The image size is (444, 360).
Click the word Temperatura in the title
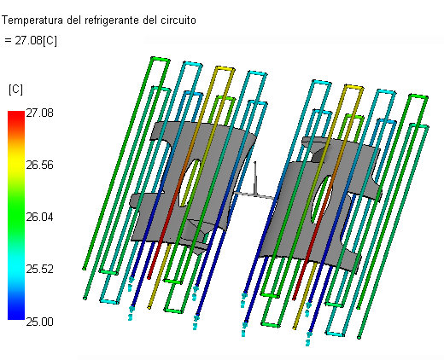point(32,20)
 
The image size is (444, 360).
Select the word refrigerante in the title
point(113,20)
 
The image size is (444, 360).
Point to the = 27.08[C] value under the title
point(31,41)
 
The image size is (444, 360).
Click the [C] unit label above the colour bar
point(15,90)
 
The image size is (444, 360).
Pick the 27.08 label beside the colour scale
point(39,113)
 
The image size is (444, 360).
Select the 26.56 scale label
point(39,165)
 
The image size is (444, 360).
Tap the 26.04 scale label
point(39,218)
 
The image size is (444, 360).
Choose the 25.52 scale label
point(39,269)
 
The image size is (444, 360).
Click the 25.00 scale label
point(39,322)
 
